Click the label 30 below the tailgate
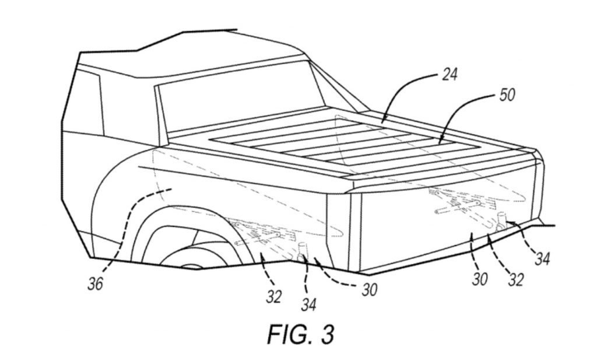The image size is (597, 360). pyautogui.click(x=480, y=280)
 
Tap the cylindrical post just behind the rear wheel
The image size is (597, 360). pyautogui.click(x=303, y=252)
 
